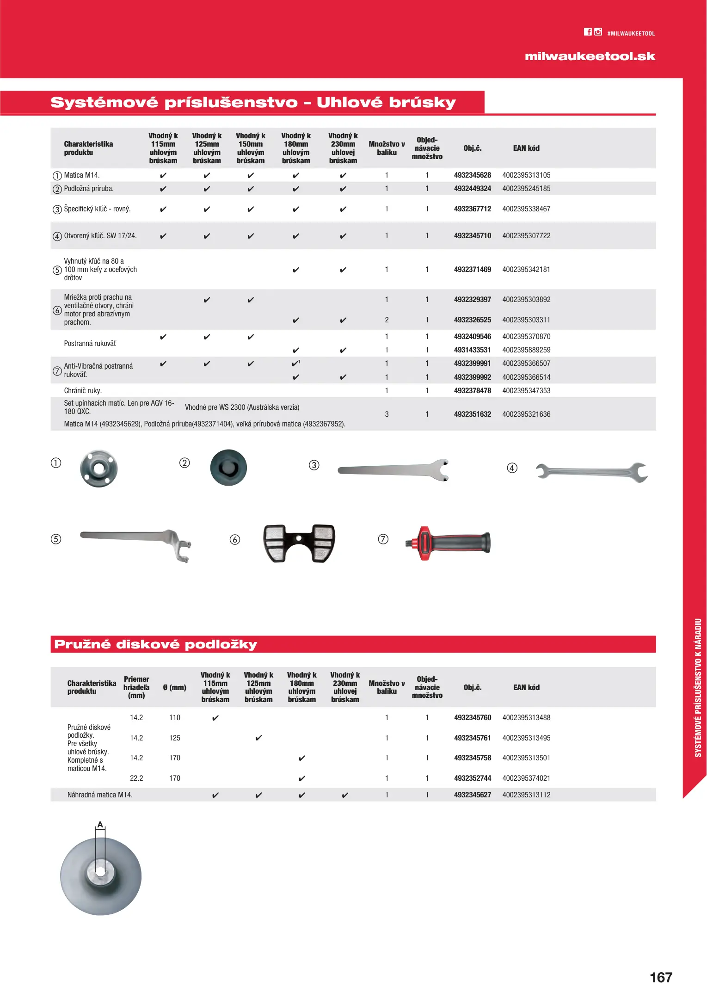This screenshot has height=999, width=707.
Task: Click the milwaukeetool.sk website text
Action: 590,56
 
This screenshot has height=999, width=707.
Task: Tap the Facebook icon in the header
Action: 587,32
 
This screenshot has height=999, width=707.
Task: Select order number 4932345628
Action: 472,175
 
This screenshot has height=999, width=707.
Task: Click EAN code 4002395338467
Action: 526,209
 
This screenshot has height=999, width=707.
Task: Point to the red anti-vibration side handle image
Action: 448,543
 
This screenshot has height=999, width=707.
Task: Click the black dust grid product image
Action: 299,543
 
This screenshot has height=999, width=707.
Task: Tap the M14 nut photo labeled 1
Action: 98,469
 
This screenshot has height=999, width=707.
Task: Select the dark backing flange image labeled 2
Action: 228,468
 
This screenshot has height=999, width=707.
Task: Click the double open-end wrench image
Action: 591,472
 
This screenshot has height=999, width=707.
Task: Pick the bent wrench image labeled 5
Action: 135,543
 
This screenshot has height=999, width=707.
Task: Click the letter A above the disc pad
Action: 100,825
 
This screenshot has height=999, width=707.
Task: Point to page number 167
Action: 661,977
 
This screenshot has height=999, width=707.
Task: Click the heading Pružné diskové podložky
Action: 155,644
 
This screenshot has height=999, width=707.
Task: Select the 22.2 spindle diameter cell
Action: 136,778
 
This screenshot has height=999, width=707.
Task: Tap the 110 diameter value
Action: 174,718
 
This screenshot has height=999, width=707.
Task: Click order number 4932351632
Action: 472,414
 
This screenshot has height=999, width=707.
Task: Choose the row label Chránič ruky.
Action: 83,391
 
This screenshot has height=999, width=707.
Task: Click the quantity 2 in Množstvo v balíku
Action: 387,320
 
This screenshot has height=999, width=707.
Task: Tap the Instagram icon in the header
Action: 598,32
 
